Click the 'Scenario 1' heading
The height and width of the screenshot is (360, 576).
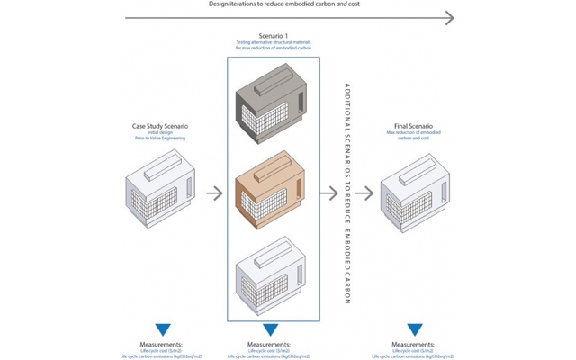[x=270, y=36]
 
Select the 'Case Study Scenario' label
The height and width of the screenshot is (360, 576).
[x=160, y=126]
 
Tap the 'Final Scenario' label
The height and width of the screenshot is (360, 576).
[x=413, y=126]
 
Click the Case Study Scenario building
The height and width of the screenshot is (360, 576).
[x=159, y=192]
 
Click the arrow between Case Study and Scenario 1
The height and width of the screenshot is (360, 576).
[x=214, y=193]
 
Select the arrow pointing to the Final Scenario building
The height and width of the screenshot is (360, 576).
[x=364, y=193]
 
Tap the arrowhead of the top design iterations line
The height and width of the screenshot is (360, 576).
[x=449, y=17]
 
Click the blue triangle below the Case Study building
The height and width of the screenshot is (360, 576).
[x=162, y=330]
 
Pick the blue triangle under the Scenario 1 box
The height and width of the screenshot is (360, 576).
[x=270, y=330]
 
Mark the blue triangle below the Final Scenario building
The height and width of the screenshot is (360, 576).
[x=415, y=330]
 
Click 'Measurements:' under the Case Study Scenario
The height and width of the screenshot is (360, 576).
[x=162, y=344]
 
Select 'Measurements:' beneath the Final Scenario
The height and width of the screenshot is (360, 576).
[x=415, y=344]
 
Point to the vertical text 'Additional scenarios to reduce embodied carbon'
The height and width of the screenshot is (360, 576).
[x=346, y=193]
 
